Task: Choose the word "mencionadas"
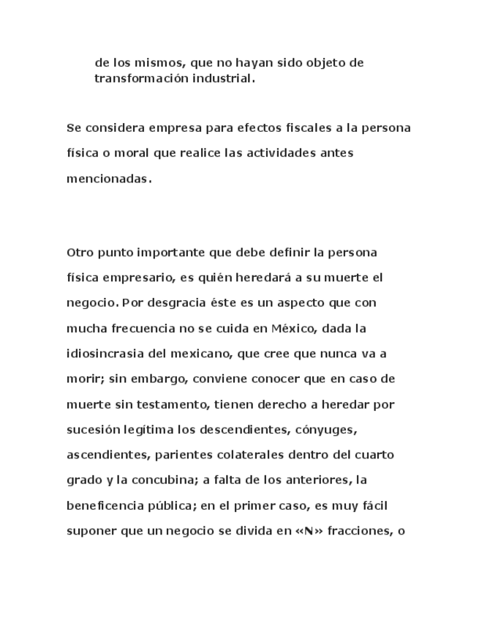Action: tap(108, 179)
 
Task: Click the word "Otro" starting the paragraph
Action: tap(80, 253)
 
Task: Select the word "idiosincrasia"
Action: tap(105, 354)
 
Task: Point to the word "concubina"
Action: tap(173, 480)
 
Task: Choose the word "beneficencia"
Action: tap(107, 505)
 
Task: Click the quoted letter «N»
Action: tap(309, 531)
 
